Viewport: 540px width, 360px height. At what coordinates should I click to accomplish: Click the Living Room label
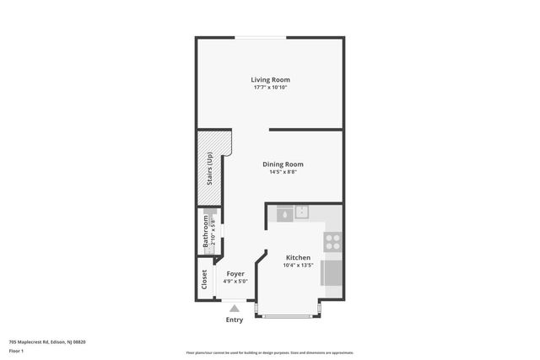[x=270, y=80]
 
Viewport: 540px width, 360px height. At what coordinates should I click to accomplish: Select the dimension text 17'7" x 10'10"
[x=270, y=88]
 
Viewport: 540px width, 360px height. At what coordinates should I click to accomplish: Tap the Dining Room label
[x=283, y=164]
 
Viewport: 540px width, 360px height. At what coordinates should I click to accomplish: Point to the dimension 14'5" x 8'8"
[x=283, y=172]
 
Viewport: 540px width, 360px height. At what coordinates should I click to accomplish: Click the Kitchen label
[x=298, y=258]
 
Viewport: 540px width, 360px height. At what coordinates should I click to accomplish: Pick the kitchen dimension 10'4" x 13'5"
[x=298, y=266]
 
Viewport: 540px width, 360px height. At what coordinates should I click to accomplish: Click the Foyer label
[x=235, y=273]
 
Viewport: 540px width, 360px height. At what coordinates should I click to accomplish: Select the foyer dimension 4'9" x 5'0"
[x=235, y=281]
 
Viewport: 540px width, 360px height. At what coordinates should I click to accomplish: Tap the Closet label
[x=204, y=278]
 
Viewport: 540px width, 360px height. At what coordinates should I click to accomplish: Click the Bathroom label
[x=205, y=230]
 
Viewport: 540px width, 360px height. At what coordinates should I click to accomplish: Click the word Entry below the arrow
[x=235, y=320]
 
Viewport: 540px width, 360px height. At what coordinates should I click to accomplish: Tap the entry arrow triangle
[x=235, y=309]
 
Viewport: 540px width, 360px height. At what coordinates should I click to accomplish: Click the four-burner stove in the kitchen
[x=332, y=243]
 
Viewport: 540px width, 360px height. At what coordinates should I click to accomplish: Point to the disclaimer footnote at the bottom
[x=269, y=352]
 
